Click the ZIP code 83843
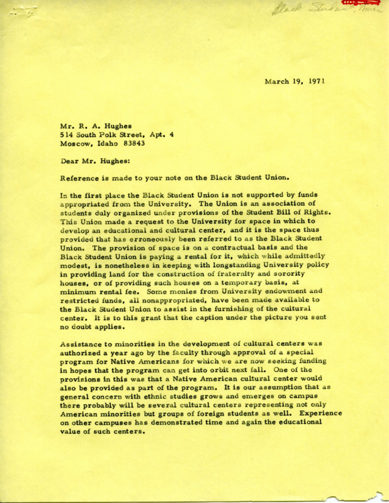133,144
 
